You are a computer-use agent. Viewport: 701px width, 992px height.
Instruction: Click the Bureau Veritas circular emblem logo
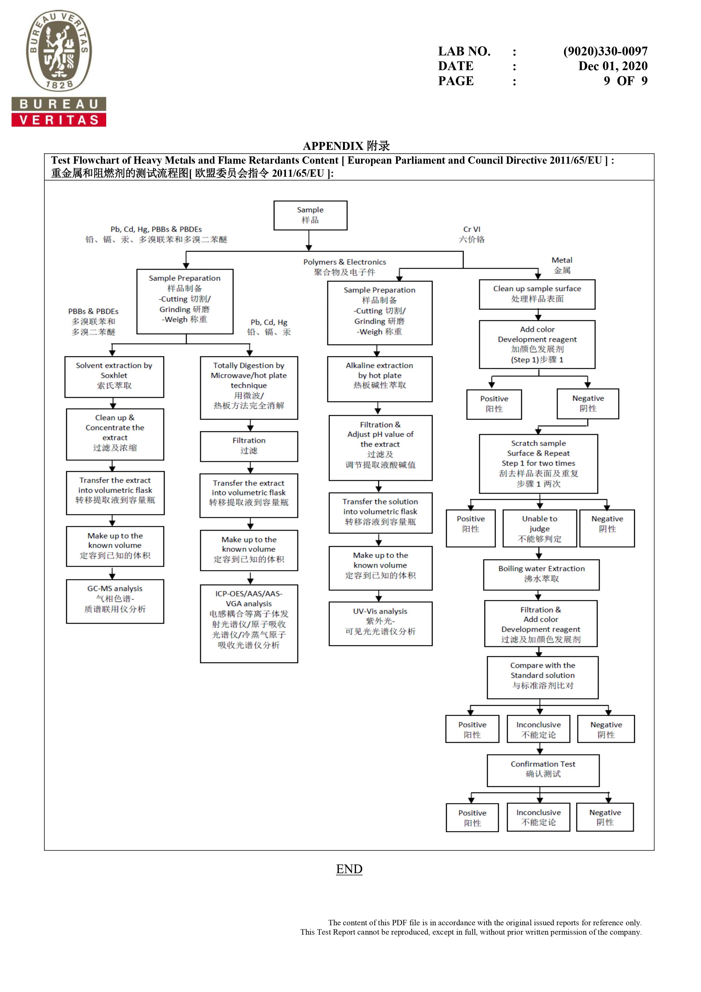pos(59,51)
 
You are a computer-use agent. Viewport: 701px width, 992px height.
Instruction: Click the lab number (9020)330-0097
pos(605,51)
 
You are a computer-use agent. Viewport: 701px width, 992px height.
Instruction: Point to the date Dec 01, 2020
pos(613,66)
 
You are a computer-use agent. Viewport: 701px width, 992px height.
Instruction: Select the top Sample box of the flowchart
pos(310,215)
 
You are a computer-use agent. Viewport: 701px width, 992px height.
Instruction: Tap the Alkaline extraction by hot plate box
pos(380,379)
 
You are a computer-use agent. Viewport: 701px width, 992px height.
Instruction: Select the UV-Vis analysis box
pos(380,624)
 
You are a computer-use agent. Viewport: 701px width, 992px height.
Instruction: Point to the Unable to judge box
pos(539,529)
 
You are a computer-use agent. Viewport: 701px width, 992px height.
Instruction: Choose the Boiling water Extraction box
pos(541,575)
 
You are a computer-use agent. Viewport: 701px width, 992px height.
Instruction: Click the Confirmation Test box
pos(543,770)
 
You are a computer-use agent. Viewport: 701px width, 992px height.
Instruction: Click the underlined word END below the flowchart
pos(349,869)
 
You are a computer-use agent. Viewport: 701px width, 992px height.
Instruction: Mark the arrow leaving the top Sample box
pos(309,240)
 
